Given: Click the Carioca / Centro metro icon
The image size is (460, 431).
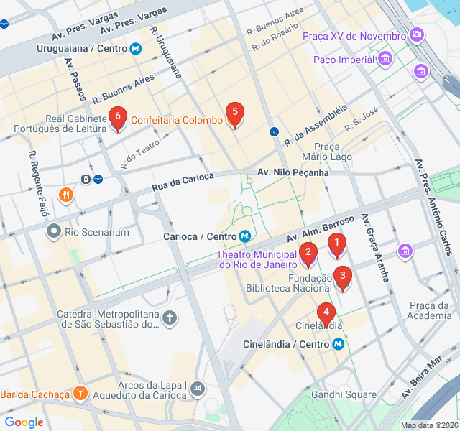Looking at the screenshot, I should (245, 236).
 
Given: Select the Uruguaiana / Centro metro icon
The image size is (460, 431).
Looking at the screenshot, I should (135, 49).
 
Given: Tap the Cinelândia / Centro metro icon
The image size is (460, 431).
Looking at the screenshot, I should (338, 344).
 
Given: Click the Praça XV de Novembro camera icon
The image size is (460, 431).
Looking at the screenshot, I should (417, 34).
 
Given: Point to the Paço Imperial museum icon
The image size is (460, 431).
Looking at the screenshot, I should (386, 57).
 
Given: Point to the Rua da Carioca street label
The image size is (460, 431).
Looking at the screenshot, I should (183, 182).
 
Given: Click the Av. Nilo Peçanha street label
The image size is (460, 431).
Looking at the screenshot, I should (293, 172).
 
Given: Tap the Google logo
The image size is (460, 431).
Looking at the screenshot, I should (24, 422).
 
